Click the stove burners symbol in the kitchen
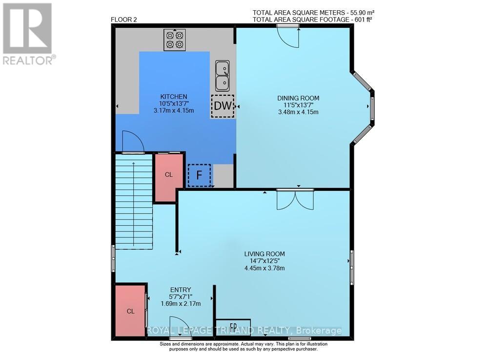pos(175,40)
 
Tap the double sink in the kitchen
pos(223,75)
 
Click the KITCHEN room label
pos(174,96)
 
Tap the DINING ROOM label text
pos(298,98)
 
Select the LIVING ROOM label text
pos(264,254)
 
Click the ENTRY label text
pos(181,289)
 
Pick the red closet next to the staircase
pos(168,175)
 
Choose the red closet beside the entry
pos(130,311)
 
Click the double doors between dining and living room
pos(295,200)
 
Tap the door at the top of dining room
pos(288,37)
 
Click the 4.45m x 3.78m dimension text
pos(264,268)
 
